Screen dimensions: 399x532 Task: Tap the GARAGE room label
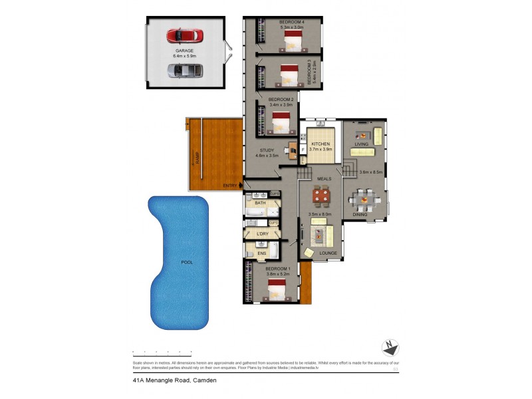tap(184, 51)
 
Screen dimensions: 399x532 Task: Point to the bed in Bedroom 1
tap(277, 291)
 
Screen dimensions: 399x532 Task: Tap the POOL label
tap(187, 263)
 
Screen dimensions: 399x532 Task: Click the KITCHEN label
tap(321, 144)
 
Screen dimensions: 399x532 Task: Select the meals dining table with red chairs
tap(321, 196)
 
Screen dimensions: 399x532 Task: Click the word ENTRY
tap(230, 186)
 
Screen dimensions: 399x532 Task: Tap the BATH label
tap(260, 203)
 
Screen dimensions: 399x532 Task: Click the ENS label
tap(261, 253)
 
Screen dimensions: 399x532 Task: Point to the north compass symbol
tap(390, 348)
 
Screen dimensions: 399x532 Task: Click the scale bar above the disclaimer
tap(162, 352)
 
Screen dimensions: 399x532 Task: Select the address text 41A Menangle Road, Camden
tap(174, 380)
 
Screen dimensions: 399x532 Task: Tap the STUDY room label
tap(267, 150)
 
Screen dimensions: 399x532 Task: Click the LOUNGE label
tap(328, 253)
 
